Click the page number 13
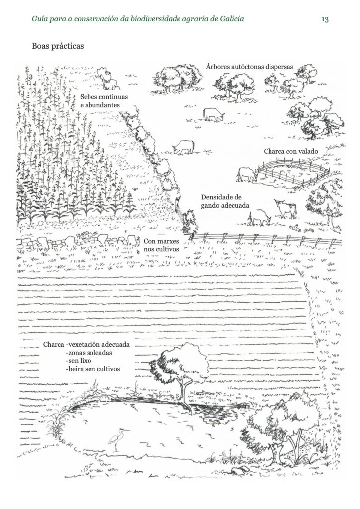(325, 19)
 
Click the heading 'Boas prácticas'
(58, 46)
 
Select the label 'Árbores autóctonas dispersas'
(249, 67)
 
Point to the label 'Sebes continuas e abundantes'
(104, 101)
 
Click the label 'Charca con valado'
(291, 151)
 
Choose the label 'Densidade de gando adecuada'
(225, 201)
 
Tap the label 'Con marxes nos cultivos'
(161, 245)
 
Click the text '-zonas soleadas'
(89, 353)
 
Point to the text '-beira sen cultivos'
(92, 369)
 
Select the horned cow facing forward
(285, 208)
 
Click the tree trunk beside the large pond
(184, 393)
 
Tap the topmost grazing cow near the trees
(213, 114)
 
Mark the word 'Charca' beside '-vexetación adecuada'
(54, 345)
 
